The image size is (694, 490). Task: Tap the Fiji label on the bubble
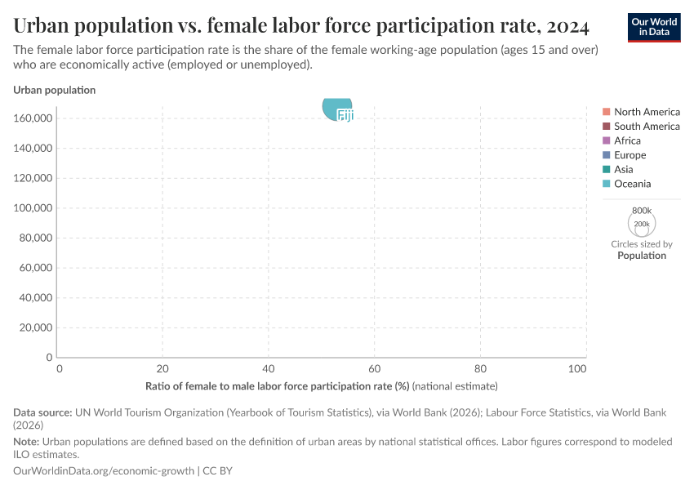coord(345,116)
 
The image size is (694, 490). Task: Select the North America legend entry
coord(647,112)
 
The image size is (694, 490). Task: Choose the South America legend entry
coord(647,127)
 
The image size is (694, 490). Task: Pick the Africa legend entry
coord(627,140)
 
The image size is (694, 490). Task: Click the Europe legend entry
coord(629,155)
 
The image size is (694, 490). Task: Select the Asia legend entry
coord(623,169)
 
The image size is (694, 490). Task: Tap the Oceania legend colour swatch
coord(607,184)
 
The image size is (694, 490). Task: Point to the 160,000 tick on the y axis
coord(33,118)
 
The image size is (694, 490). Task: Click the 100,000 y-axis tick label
coord(33,208)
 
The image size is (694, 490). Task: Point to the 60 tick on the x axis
coord(375,369)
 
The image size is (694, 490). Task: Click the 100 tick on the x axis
coord(577,369)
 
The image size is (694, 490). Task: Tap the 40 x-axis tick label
coord(269,369)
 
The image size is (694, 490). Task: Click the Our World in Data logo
coord(654,27)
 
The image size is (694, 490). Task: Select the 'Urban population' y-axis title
coord(54,90)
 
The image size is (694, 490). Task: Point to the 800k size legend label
coord(642,210)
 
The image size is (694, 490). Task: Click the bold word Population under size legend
coord(642,256)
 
